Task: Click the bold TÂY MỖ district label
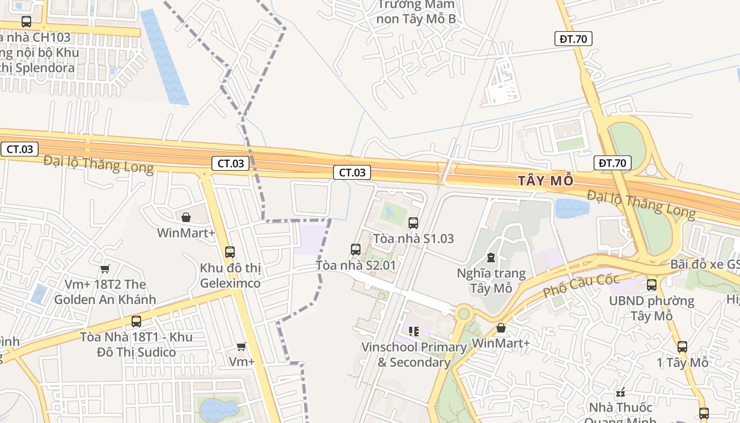tap(545, 181)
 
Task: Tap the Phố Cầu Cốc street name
tap(581, 286)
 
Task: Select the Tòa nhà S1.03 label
tap(413, 238)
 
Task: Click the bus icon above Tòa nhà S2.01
tap(356, 249)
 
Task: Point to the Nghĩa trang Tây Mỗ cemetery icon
tap(491, 258)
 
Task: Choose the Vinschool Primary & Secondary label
tap(413, 355)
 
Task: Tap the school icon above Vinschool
tap(413, 332)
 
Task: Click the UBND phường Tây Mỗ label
tap(651, 308)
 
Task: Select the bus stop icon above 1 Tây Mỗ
tap(682, 347)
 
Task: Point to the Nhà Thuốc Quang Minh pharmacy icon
tap(621, 392)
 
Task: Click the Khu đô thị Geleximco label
tap(230, 275)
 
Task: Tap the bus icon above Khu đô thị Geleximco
tap(229, 252)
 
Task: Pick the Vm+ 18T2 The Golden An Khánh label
tap(105, 292)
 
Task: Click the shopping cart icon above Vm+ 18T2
tap(105, 269)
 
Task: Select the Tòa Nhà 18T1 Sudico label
tap(136, 345)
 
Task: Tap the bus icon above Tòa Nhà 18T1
tap(136, 321)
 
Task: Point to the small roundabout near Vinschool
tap(464, 314)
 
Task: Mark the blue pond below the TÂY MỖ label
tap(572, 208)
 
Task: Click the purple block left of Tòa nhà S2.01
tap(310, 239)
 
